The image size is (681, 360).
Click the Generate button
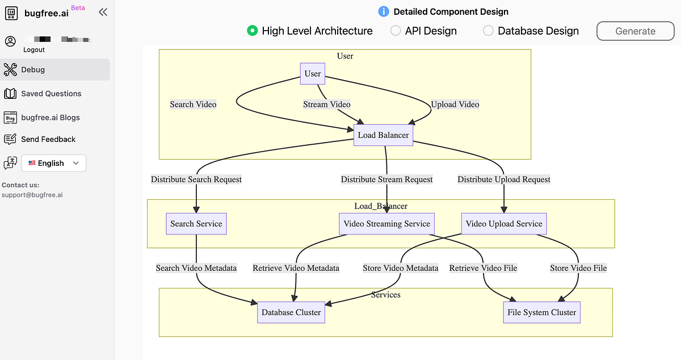tap(635, 31)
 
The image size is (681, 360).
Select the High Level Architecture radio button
tap(253, 31)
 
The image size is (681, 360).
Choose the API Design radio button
tap(396, 31)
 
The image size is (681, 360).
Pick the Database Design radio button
tap(488, 31)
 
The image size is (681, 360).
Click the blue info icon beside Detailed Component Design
tap(384, 11)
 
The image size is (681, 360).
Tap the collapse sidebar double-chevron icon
tap(103, 12)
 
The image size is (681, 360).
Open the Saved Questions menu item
tap(51, 94)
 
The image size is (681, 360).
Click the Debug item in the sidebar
tap(33, 70)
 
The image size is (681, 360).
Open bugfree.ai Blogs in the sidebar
tap(50, 118)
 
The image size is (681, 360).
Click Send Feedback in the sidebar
tap(48, 139)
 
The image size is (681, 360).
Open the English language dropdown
tap(54, 163)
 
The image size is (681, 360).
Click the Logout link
tap(34, 50)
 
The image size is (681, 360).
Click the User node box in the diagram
tap(313, 74)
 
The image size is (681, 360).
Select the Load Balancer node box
tap(383, 135)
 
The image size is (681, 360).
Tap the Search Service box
tap(196, 224)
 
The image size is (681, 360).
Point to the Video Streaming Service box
tap(387, 224)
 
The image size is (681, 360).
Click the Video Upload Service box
tap(504, 224)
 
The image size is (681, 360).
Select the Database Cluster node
tap(291, 312)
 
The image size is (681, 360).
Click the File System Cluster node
tap(542, 312)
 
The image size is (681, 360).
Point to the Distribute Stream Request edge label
tap(387, 179)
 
